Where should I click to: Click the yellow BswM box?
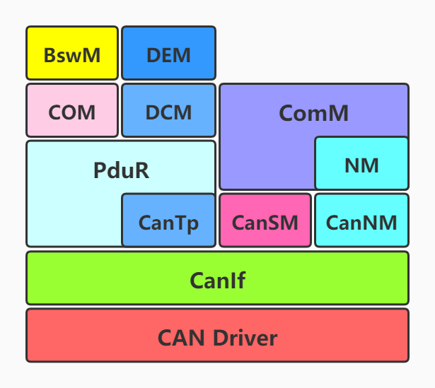pos(72,54)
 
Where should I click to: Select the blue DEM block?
pos(168,54)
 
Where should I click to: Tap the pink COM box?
pos(72,111)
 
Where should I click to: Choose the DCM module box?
pos(168,111)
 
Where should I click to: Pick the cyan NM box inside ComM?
pos(361,165)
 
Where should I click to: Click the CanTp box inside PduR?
pos(168,221)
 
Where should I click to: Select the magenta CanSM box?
pos(265,221)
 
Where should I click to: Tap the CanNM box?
pos(361,221)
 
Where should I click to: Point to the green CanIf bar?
pos(217,278)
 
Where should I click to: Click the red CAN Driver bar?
pos(217,336)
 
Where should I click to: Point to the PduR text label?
pos(121,170)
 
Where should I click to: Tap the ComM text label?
pos(314,113)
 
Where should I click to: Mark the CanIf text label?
pos(217,281)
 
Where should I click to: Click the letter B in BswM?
pos(50,54)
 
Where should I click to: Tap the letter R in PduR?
pos(142,170)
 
